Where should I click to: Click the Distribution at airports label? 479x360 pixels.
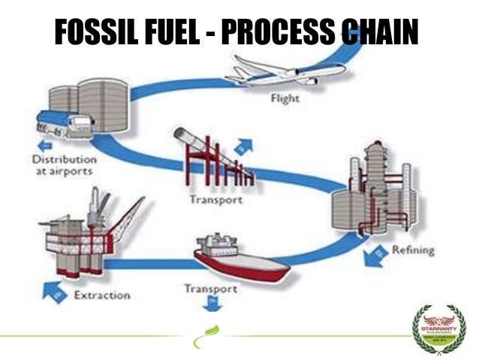tap(63, 165)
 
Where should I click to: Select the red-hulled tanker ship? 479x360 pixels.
tap(239, 255)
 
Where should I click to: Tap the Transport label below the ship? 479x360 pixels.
tap(211, 289)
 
